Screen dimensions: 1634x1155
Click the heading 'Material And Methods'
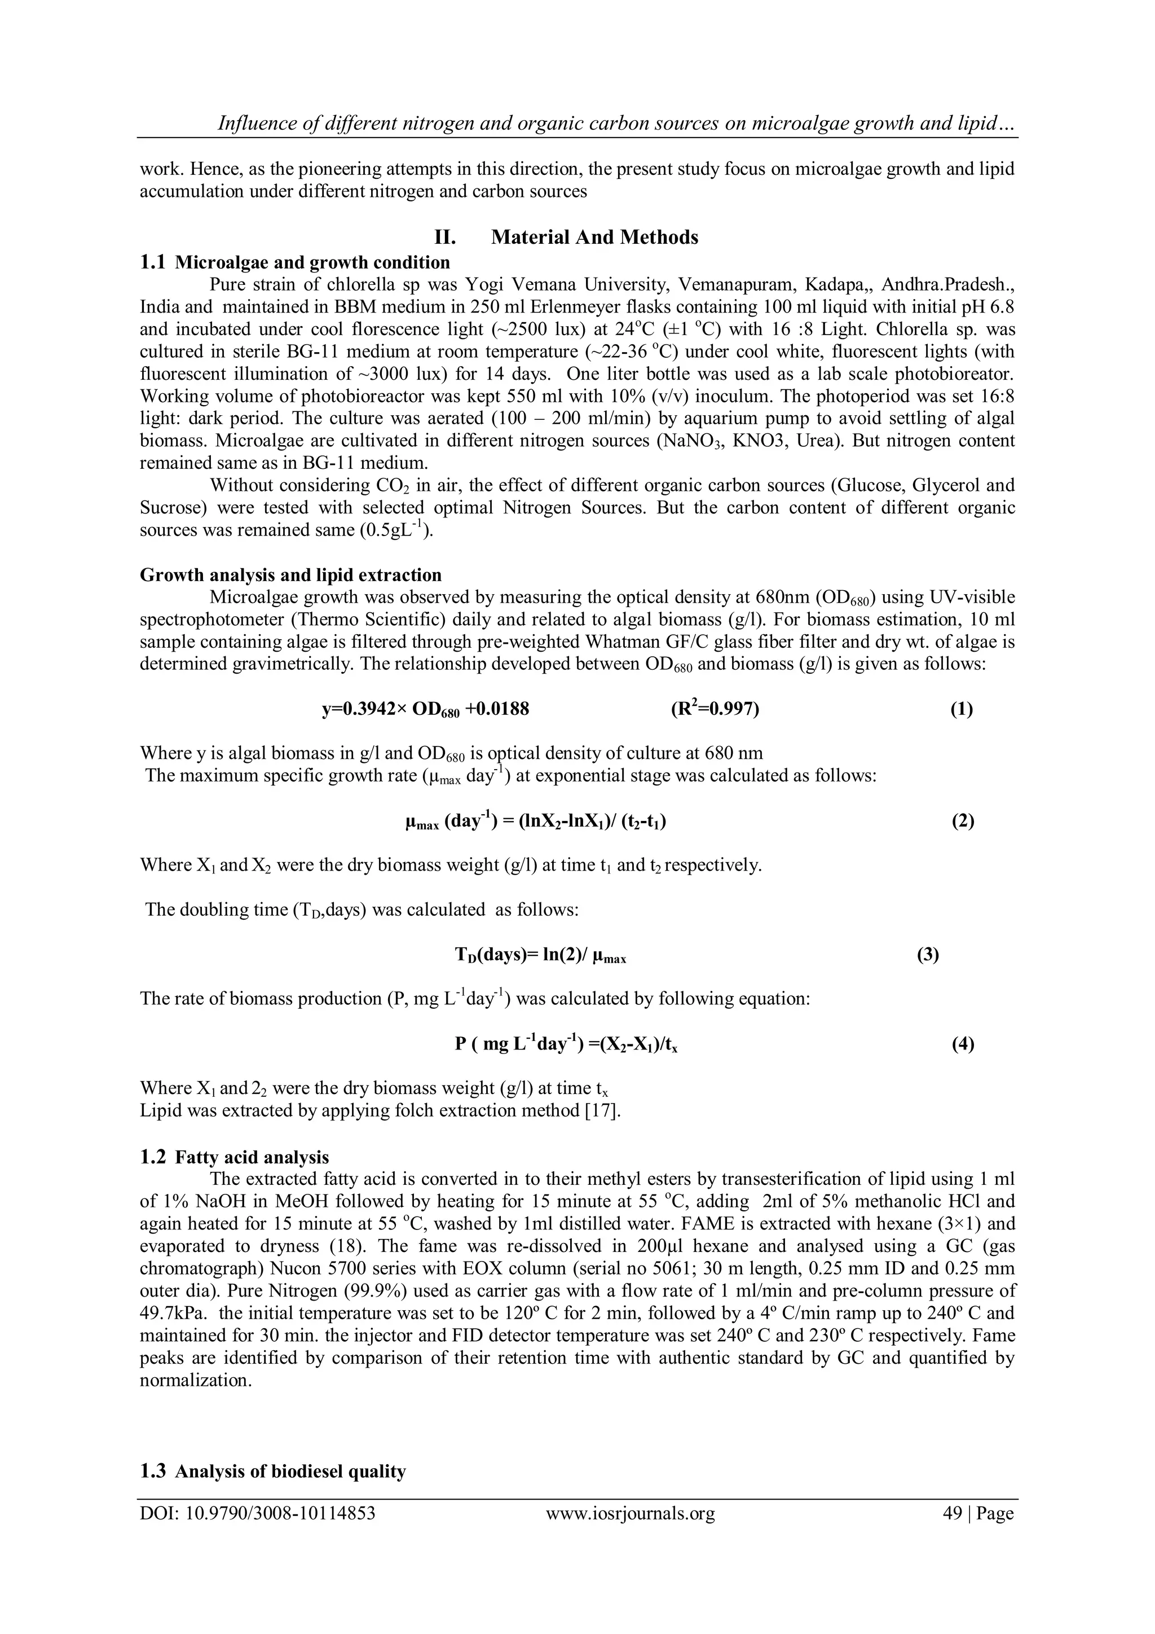(594, 237)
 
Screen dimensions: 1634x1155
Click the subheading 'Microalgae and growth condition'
(312, 262)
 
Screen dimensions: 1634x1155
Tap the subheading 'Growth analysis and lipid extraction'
(290, 574)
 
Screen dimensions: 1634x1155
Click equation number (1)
(962, 709)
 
